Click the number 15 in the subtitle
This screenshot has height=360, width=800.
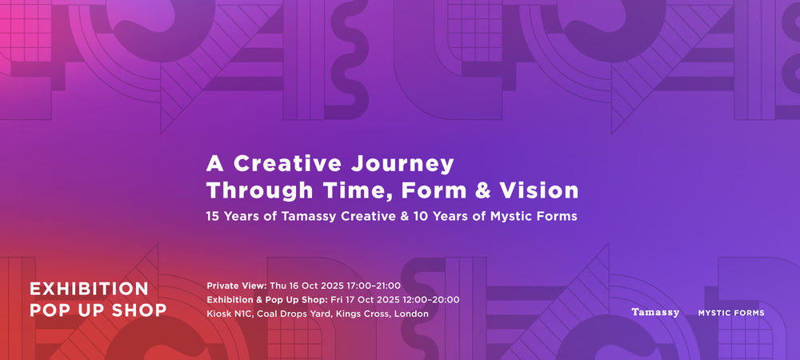click(212, 216)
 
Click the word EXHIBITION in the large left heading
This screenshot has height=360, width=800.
click(90, 289)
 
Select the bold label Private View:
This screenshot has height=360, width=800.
click(237, 286)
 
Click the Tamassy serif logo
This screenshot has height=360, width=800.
click(655, 312)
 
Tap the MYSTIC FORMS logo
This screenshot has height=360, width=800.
click(731, 313)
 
